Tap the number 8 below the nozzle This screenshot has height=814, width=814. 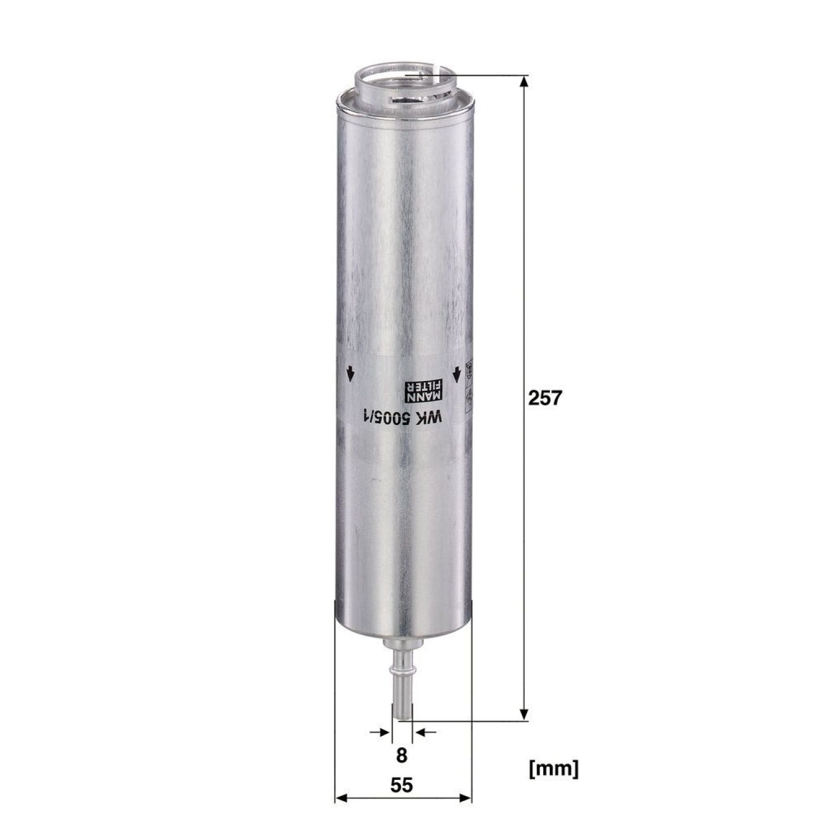402,754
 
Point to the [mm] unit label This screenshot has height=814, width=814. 554,768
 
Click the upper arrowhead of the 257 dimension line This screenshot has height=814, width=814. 524,81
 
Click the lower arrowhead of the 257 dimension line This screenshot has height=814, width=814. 524,714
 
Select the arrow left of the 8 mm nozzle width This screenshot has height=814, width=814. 380,732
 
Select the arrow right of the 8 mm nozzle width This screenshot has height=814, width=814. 424,732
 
